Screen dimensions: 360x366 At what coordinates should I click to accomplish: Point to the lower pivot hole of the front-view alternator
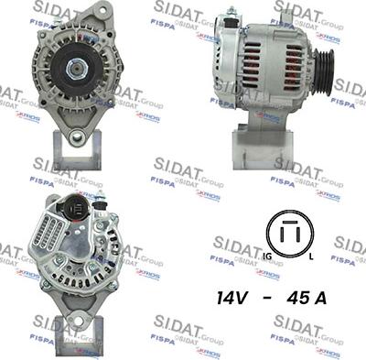click(76, 136)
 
